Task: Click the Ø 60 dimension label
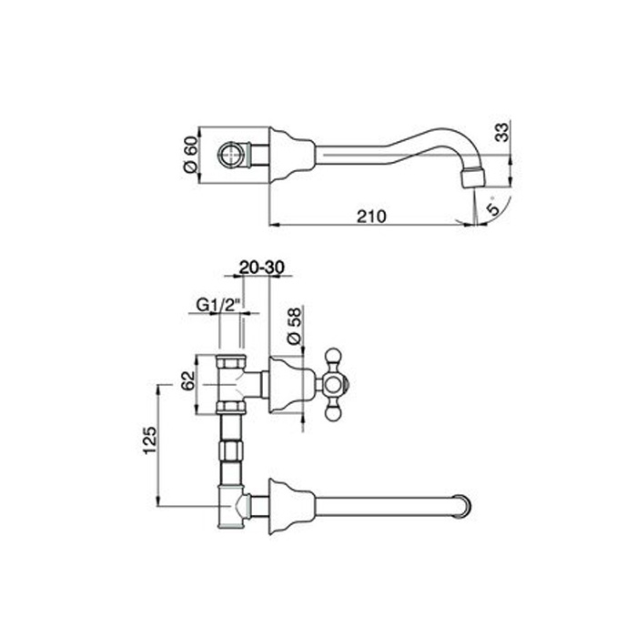pyautogui.click(x=190, y=155)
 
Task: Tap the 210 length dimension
pyautogui.click(x=371, y=217)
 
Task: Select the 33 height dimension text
pyautogui.click(x=503, y=132)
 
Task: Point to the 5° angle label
pyautogui.click(x=493, y=208)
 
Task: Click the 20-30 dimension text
pyautogui.click(x=262, y=268)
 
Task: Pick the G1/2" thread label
pyautogui.click(x=219, y=305)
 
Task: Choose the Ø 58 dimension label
pyautogui.click(x=294, y=326)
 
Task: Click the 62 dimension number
pyautogui.click(x=188, y=380)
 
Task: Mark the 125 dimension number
pyautogui.click(x=149, y=440)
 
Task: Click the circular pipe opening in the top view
pyautogui.click(x=231, y=156)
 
